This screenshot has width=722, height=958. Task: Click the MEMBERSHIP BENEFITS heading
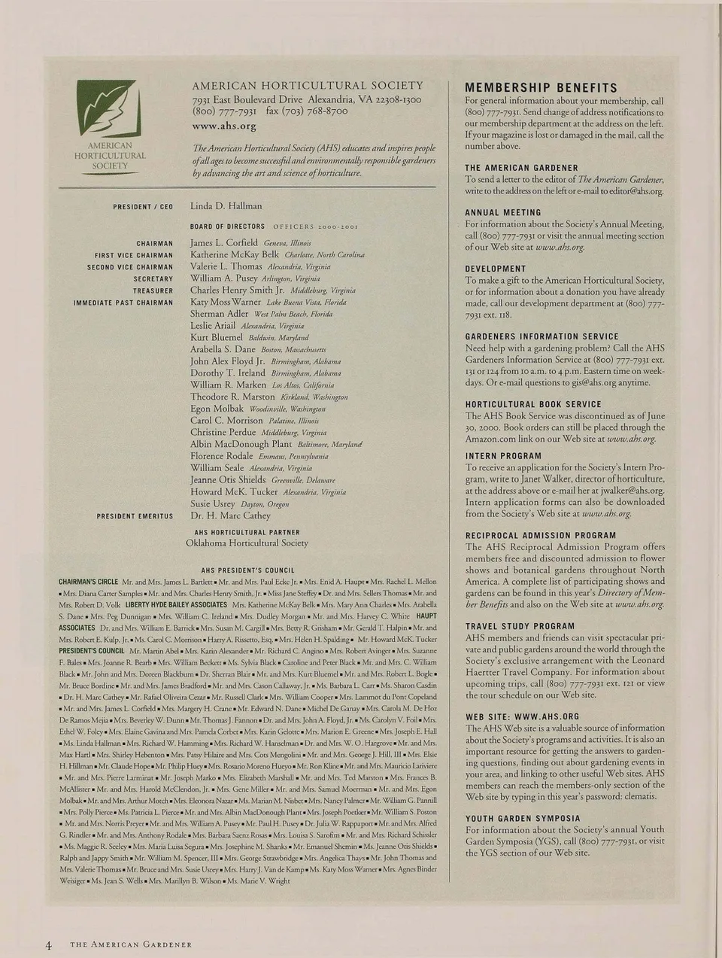click(541, 88)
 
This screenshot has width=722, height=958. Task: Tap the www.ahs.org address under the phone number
click(224, 126)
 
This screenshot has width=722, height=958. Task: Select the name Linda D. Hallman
click(226, 205)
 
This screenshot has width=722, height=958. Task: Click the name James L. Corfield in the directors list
click(224, 243)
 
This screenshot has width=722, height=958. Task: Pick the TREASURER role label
click(153, 290)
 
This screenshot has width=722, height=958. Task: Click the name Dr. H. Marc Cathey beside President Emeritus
click(230, 515)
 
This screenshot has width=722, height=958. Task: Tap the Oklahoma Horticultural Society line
click(247, 543)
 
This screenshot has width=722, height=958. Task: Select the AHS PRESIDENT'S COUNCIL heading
click(247, 570)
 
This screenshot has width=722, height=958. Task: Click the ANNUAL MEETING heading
click(502, 213)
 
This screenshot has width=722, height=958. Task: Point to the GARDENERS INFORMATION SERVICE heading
click(541, 337)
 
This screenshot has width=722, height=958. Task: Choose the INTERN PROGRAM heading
click(503, 456)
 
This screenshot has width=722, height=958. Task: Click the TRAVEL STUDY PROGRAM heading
click(520, 626)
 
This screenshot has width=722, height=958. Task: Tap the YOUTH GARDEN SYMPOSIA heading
click(523, 819)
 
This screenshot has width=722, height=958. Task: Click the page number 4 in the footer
click(49, 944)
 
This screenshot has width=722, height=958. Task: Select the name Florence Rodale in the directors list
click(222, 455)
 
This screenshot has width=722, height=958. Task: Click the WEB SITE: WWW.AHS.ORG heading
click(522, 716)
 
